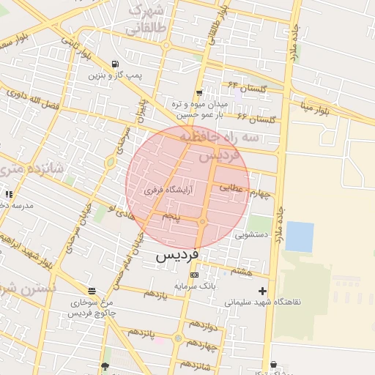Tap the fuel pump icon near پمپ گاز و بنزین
click(x=115, y=64)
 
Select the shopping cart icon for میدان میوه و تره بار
click(x=199, y=92)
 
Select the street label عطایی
click(x=234, y=188)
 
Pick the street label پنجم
click(x=170, y=217)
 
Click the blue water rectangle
click(x=299, y=237)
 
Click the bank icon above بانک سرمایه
click(x=193, y=275)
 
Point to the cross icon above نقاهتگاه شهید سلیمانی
click(x=262, y=291)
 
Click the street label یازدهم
click(x=155, y=294)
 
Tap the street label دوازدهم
click(x=204, y=324)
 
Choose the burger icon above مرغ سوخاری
click(x=91, y=291)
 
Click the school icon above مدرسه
click(x=9, y=194)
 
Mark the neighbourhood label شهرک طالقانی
click(x=146, y=20)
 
